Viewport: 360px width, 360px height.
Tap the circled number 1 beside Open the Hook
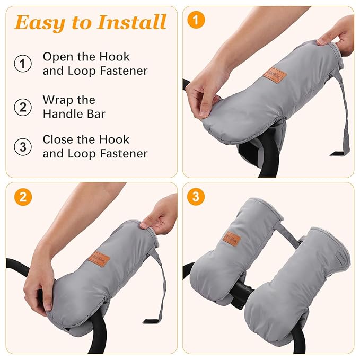[x=22, y=64]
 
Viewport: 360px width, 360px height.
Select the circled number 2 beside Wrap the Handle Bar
[x=22, y=107]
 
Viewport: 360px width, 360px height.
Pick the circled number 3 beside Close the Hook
[x=22, y=147]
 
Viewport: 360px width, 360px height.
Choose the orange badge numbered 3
[x=196, y=197]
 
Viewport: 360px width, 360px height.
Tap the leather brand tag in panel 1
[x=275, y=75]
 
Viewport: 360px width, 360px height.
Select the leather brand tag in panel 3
[x=232, y=239]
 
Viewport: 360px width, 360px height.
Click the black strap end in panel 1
[x=339, y=154]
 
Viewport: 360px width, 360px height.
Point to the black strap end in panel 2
[x=152, y=321]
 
